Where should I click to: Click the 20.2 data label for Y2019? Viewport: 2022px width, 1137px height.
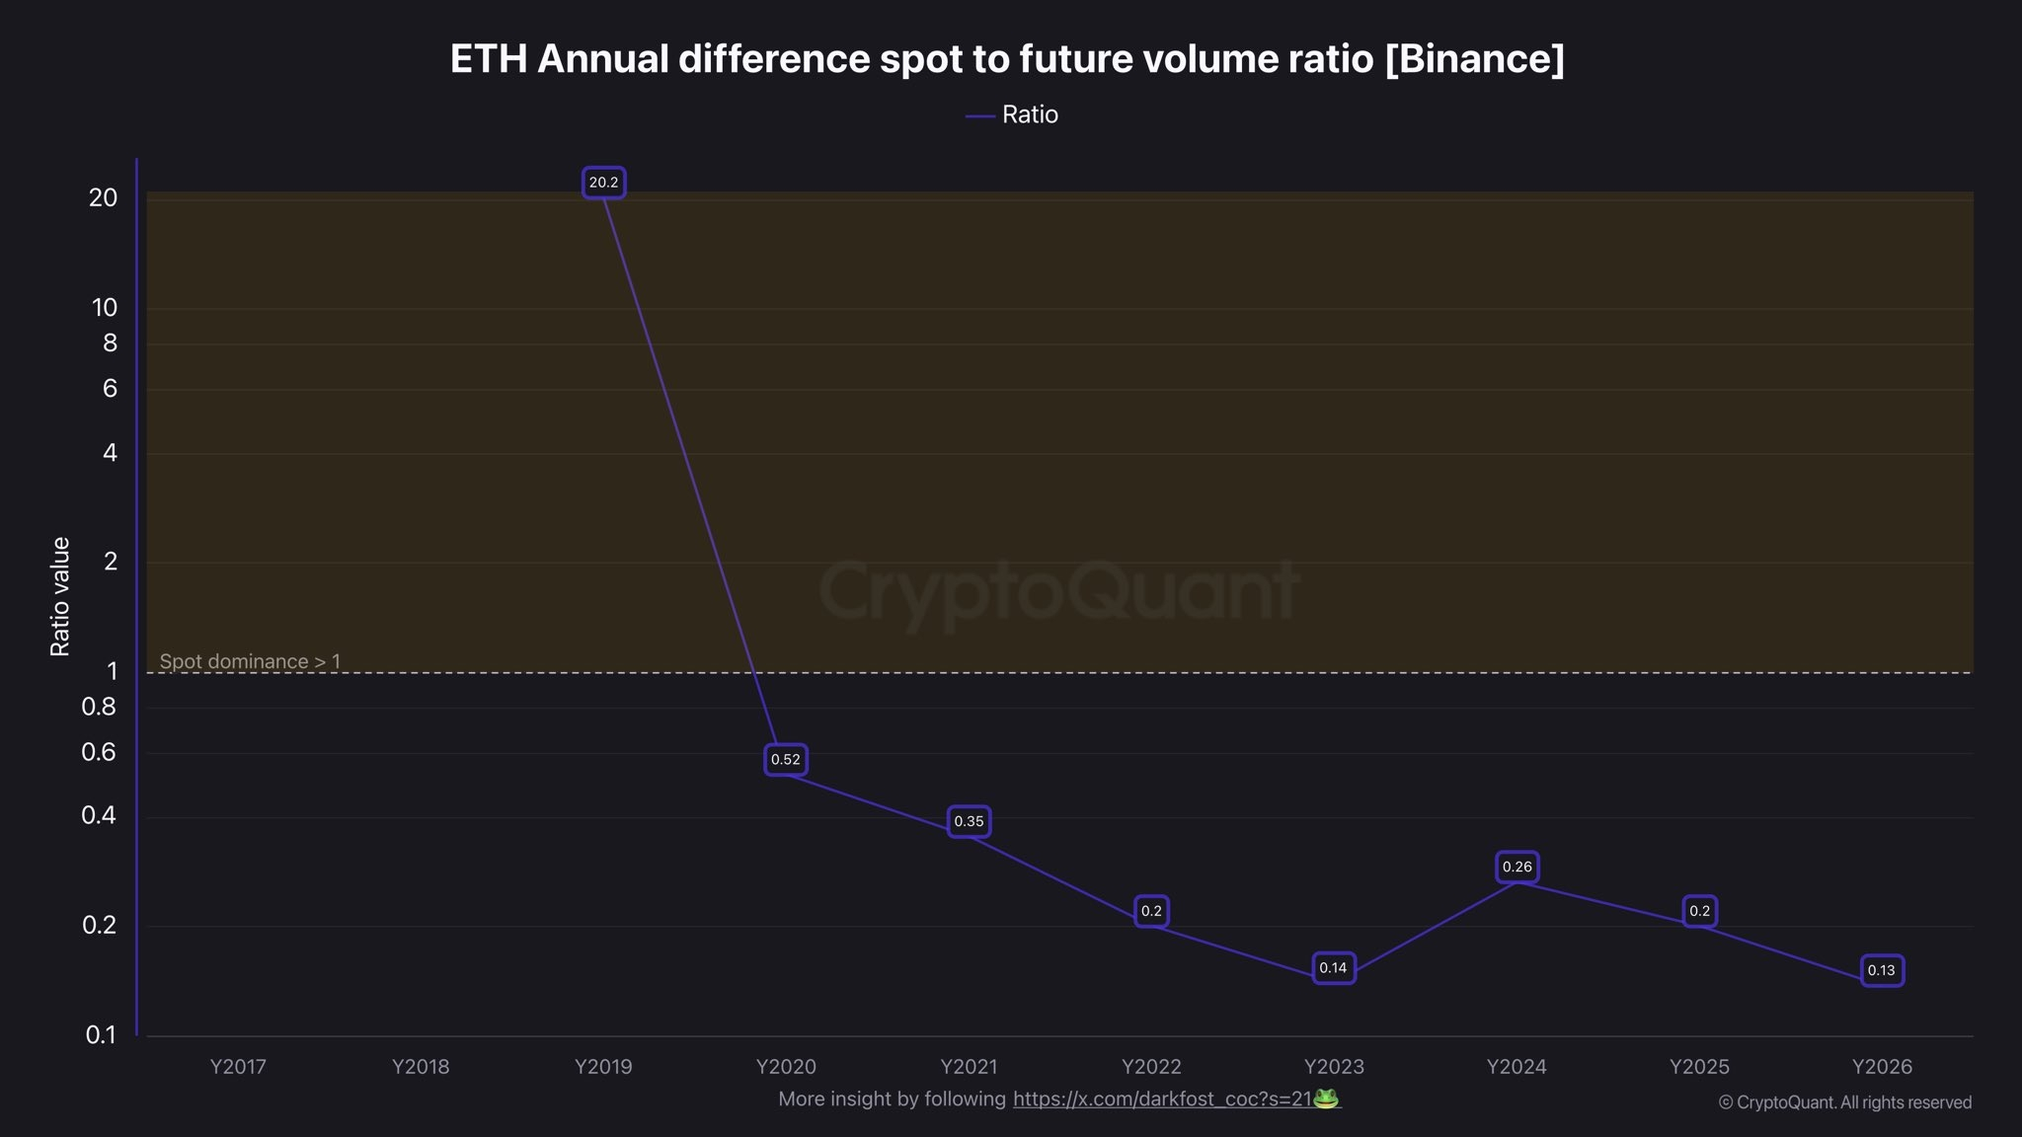[x=603, y=183]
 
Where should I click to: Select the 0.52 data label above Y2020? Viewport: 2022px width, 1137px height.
[x=786, y=759]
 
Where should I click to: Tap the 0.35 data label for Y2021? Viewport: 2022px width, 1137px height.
[x=969, y=821]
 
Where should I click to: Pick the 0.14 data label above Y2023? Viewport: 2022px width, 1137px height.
[x=1333, y=968]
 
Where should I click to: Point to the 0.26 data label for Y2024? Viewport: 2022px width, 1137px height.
[x=1516, y=867]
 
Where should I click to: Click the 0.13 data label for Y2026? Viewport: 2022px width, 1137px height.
[x=1881, y=970]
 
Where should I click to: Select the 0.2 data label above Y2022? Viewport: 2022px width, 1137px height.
[x=1151, y=911]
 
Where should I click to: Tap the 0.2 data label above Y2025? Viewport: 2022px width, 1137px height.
[x=1699, y=911]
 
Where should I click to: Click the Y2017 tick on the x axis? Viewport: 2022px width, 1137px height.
[x=238, y=1067]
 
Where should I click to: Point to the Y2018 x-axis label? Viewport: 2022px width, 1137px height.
[x=421, y=1067]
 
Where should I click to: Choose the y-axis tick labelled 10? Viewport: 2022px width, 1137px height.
[x=105, y=308]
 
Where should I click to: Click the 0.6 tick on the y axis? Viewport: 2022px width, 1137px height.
[x=99, y=752]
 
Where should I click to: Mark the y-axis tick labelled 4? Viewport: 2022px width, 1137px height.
[x=110, y=453]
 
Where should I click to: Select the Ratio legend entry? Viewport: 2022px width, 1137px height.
[x=1013, y=114]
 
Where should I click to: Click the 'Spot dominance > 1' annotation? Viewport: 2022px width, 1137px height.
[x=250, y=661]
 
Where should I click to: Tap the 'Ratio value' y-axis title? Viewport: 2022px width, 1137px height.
[x=60, y=597]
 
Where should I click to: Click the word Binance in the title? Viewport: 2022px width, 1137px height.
[x=1475, y=59]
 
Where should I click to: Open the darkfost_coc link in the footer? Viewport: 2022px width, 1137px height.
[x=1162, y=1099]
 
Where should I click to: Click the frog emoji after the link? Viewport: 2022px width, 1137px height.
[x=1326, y=1098]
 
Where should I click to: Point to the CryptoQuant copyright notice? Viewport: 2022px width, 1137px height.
[x=1844, y=1102]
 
